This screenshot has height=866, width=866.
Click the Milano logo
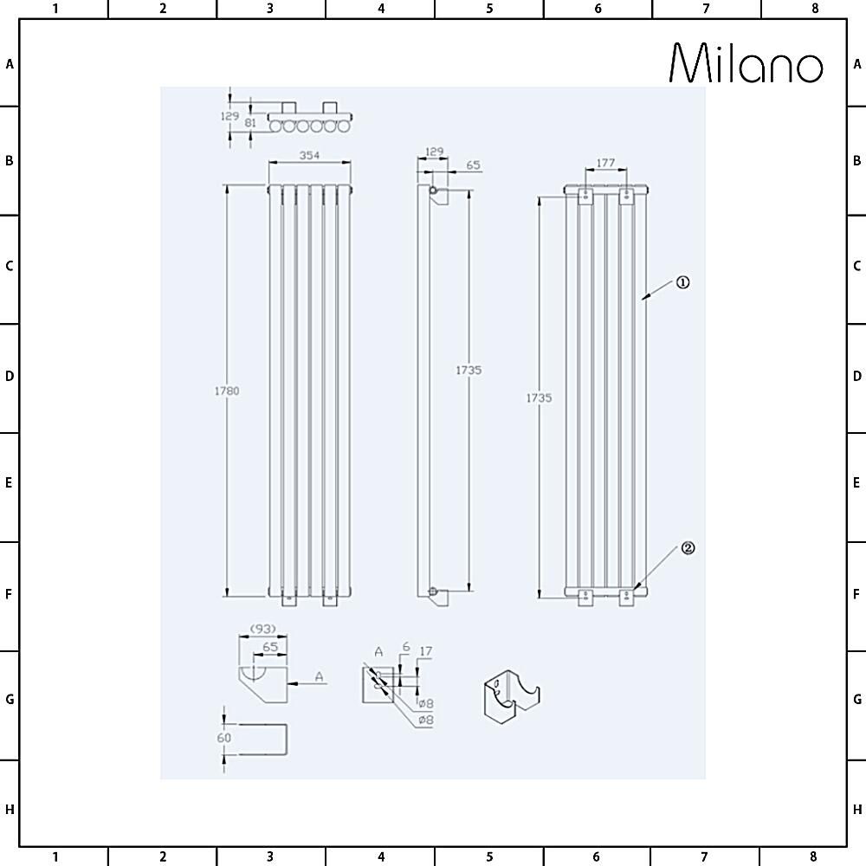point(746,64)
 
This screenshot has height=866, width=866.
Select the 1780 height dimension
point(226,391)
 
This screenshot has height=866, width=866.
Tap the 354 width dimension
point(309,155)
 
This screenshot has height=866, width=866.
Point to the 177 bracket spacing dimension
point(605,162)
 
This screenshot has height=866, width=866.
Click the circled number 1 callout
point(682,282)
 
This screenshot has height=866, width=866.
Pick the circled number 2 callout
point(688,548)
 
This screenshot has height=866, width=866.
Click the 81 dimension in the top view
point(250,123)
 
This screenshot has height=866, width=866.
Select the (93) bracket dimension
point(263,628)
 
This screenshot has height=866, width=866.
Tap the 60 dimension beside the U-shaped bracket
point(224,738)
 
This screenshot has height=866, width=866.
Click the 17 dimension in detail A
point(425,651)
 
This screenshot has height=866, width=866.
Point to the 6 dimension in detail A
point(405,647)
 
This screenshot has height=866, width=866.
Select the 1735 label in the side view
point(469,370)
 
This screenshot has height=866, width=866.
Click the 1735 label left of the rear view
point(539,397)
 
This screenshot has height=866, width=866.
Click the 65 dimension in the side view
point(474,165)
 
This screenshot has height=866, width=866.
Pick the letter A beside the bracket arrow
point(320,676)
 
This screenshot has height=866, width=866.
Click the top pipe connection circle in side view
point(433,190)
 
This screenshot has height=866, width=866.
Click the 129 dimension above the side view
point(433,152)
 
